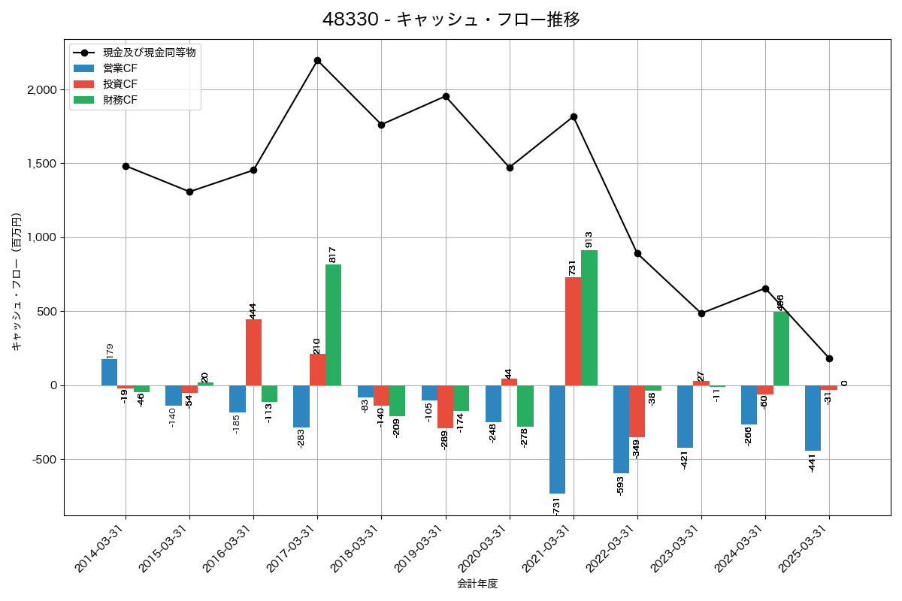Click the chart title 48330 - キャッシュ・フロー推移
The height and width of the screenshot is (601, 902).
click(451, 20)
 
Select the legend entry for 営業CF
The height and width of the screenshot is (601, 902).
click(120, 68)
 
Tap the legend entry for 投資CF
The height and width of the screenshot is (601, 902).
click(120, 83)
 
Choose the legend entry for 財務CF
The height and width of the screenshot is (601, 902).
click(120, 99)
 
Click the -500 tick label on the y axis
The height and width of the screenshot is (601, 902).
click(44, 460)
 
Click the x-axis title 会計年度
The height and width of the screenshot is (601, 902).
click(477, 584)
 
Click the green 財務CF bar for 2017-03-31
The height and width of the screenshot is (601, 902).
click(333, 325)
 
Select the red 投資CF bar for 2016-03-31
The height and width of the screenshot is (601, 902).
click(253, 352)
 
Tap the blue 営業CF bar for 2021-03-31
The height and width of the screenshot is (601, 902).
click(557, 439)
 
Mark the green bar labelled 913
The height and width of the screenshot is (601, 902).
click(589, 318)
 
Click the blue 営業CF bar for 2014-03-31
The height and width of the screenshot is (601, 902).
click(110, 373)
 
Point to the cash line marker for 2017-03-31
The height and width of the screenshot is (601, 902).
click(317, 60)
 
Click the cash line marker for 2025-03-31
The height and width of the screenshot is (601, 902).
click(829, 358)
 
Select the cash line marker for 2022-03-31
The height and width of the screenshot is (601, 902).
click(637, 253)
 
